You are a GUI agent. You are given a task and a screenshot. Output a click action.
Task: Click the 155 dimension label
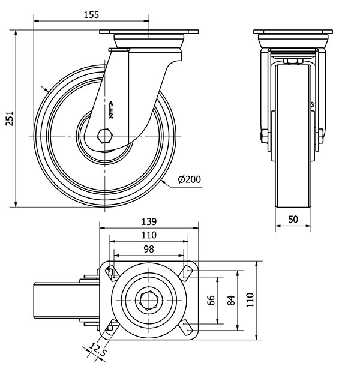coord(90,14)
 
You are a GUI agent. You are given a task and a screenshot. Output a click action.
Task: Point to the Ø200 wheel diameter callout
coord(190,179)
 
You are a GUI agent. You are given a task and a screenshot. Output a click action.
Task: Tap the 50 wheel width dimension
coord(293,220)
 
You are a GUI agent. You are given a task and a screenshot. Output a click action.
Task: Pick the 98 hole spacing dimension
coord(148,248)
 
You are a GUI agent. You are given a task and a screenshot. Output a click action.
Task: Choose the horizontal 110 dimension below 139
coord(148,235)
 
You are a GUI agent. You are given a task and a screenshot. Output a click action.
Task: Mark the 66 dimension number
coord(211,300)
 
